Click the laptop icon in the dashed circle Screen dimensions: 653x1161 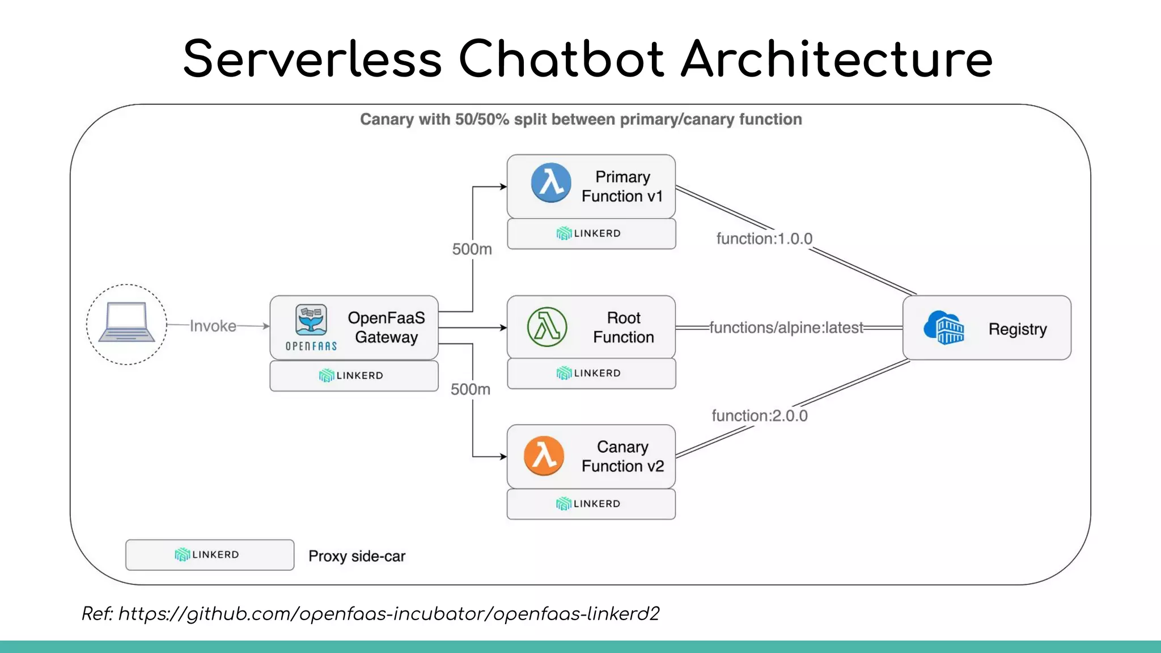(x=126, y=323)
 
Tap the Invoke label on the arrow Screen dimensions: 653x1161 (x=213, y=326)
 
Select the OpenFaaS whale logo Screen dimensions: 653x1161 (x=311, y=320)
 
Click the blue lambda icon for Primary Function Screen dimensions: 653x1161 (x=550, y=183)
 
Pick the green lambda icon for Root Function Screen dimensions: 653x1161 (x=546, y=327)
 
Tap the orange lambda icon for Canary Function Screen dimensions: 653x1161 (x=544, y=456)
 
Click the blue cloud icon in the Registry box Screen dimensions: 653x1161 (x=943, y=328)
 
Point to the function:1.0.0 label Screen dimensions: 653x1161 (x=764, y=239)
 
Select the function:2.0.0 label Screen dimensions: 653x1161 (x=760, y=415)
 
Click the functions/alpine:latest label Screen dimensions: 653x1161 (x=786, y=328)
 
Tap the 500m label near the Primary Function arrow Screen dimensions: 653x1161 (x=472, y=249)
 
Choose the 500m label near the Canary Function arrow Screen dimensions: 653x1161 (x=471, y=389)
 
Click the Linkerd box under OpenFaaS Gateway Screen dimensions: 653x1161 (x=354, y=376)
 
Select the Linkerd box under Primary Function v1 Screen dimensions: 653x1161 (x=591, y=234)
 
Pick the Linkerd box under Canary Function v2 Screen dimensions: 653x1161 (x=591, y=504)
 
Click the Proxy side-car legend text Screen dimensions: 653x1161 (x=357, y=556)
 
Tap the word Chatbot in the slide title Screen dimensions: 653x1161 (x=560, y=59)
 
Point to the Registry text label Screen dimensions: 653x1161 (x=1017, y=329)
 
